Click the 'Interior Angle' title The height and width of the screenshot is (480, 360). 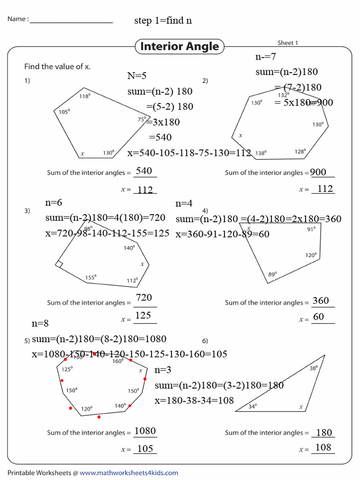(180, 46)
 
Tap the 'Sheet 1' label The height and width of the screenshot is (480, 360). (287, 43)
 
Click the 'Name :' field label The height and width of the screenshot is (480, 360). (18, 19)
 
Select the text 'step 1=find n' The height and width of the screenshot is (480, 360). (163, 21)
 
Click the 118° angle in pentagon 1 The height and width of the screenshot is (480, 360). (84, 96)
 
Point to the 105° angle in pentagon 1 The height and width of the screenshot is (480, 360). (64, 112)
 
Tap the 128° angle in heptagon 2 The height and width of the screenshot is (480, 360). (300, 151)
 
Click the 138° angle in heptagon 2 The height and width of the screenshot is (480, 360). (261, 153)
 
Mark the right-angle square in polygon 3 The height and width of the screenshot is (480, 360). (59, 264)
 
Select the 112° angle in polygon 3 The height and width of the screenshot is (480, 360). (132, 281)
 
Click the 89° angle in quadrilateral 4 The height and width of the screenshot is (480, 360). (272, 274)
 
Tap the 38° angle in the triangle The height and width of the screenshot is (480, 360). (314, 368)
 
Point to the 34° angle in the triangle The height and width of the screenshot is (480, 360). (253, 406)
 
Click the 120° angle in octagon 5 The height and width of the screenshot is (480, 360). (86, 408)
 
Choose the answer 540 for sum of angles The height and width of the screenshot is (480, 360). (144, 171)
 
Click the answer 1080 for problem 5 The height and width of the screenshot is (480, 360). (145, 431)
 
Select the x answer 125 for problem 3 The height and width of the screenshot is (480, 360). (143, 315)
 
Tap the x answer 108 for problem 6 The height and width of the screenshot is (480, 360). (323, 448)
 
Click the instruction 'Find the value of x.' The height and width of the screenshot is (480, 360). (57, 67)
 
